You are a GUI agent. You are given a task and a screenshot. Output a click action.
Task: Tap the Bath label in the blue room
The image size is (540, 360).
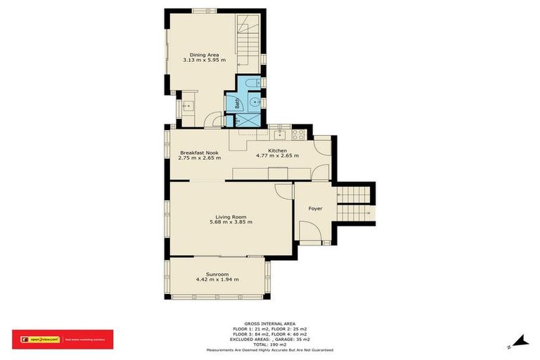pos(238,104)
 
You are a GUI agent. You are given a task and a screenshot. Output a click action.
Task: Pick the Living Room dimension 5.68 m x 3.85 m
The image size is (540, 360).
pos(231,222)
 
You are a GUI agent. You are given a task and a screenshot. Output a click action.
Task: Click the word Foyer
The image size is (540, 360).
pos(316,208)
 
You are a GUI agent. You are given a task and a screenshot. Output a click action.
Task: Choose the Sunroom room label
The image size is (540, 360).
pos(217,274)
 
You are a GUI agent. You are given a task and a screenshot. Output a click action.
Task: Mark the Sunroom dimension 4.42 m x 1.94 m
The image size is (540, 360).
pos(217,280)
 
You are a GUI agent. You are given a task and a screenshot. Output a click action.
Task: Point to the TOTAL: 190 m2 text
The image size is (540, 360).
pos(269,345)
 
